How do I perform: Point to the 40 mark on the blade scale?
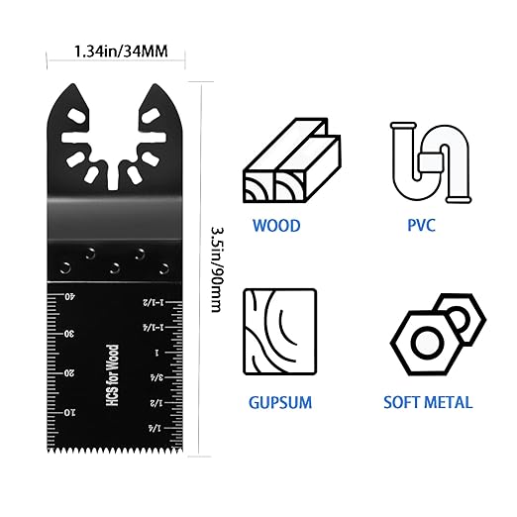(70, 296)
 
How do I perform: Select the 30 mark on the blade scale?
(70, 334)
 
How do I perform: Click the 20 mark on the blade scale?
(70, 373)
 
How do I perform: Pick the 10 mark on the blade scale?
(70, 411)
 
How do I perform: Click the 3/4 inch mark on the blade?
(155, 376)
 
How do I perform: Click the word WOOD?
(276, 226)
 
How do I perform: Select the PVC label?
(421, 226)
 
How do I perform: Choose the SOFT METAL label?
(427, 403)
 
